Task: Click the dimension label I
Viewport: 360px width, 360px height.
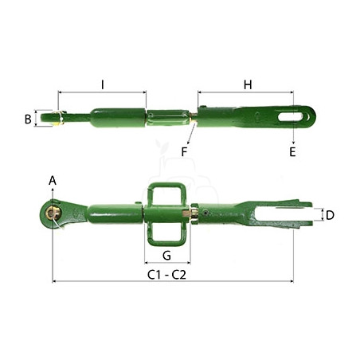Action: [x=103, y=84]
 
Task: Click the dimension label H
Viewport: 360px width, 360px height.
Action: [x=248, y=84]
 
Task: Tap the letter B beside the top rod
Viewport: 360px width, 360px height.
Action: [x=28, y=119]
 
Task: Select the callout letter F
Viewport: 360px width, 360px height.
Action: [x=184, y=152]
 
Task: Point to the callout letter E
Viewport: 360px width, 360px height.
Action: [x=292, y=152]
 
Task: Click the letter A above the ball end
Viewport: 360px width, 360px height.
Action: [x=53, y=181]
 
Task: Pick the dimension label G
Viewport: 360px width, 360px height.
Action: [x=166, y=256]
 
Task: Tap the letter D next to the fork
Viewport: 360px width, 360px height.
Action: [x=330, y=215]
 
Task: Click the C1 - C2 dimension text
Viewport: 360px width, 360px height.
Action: [x=166, y=275]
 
